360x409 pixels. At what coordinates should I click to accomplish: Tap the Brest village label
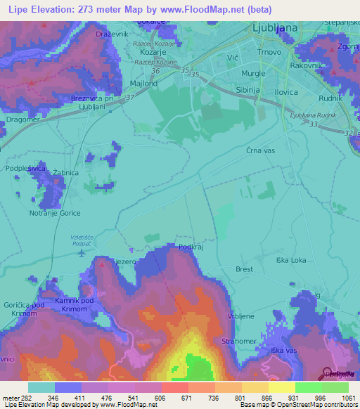[x=245, y=269]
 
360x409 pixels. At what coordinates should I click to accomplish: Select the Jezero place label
[x=124, y=261]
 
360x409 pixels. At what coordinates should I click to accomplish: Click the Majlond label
[x=143, y=84]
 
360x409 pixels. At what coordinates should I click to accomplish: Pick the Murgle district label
[x=253, y=73]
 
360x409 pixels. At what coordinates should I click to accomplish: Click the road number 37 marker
[x=129, y=98]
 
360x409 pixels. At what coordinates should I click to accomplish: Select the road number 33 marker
[x=312, y=124]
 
